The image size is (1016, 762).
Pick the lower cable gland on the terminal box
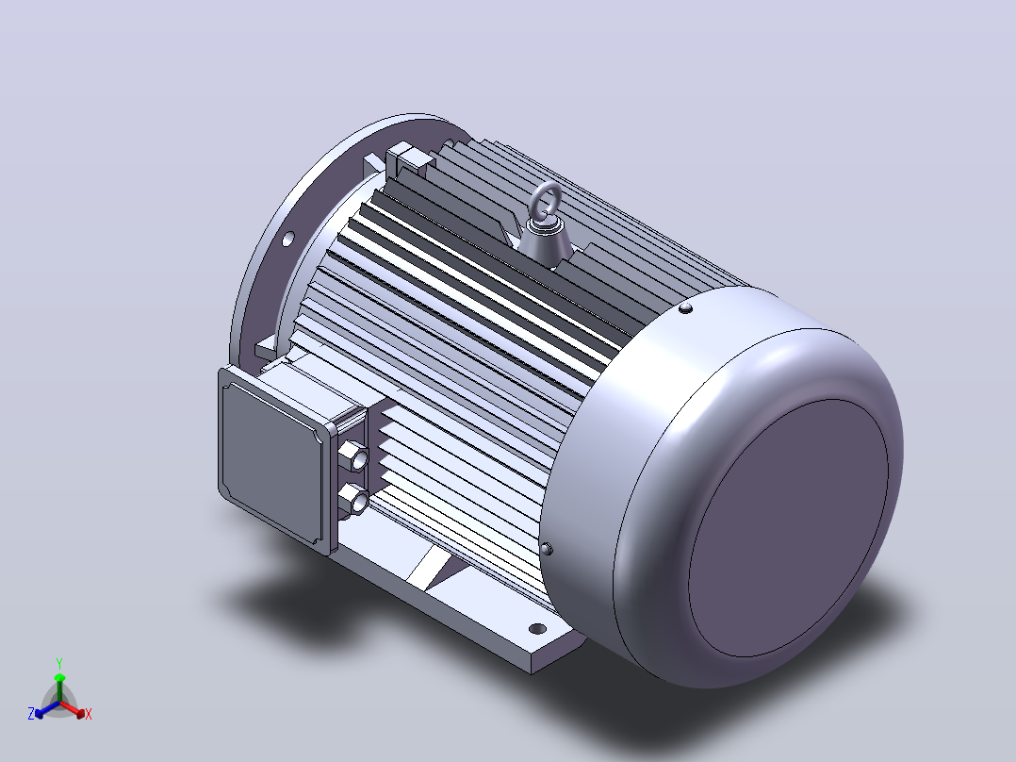[x=354, y=499]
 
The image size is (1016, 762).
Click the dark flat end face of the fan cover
[x=788, y=527]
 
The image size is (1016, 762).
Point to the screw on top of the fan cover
[x=685, y=308]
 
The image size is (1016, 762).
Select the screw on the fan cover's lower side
[x=547, y=549]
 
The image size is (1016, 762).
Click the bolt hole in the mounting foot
[x=537, y=628]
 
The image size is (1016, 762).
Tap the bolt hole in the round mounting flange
[x=288, y=239]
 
